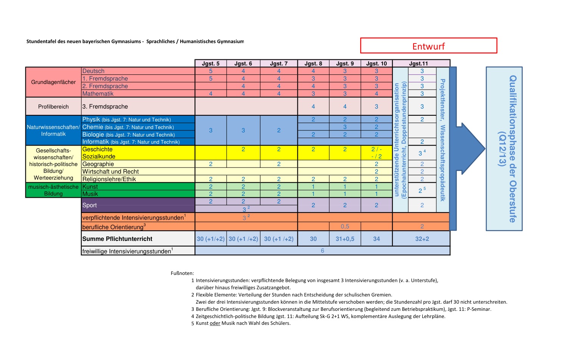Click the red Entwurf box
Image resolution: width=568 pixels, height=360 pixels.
pos(428,46)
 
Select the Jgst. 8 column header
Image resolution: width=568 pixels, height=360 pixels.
pos(313,64)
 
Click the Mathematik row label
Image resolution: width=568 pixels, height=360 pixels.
pos(98,94)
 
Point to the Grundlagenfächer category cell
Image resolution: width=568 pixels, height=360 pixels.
pos(53,82)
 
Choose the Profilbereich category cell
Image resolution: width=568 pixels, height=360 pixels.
pos(53,107)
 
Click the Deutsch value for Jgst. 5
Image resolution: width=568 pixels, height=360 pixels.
pos(211,71)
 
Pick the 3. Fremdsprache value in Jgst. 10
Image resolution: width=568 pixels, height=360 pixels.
pos(376,107)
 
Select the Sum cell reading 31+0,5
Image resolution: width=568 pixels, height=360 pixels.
pos(345,239)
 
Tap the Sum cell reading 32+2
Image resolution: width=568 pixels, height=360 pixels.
pos(422,239)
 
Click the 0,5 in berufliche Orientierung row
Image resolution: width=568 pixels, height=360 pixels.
pos(345,227)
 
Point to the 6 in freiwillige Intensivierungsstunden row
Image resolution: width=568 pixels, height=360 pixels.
pos(322,251)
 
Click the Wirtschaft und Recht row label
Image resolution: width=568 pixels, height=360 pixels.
pos(110,172)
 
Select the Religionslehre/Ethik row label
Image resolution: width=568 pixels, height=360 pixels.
pos(109,179)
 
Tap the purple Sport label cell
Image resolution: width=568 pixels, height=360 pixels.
pos(138,205)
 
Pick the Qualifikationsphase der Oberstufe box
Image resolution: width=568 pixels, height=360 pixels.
pos(504,149)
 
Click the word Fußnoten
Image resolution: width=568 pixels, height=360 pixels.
pos(182,273)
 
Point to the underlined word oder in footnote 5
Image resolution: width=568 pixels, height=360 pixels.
pos(215,323)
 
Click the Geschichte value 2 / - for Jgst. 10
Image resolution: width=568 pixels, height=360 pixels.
pos(376,149)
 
